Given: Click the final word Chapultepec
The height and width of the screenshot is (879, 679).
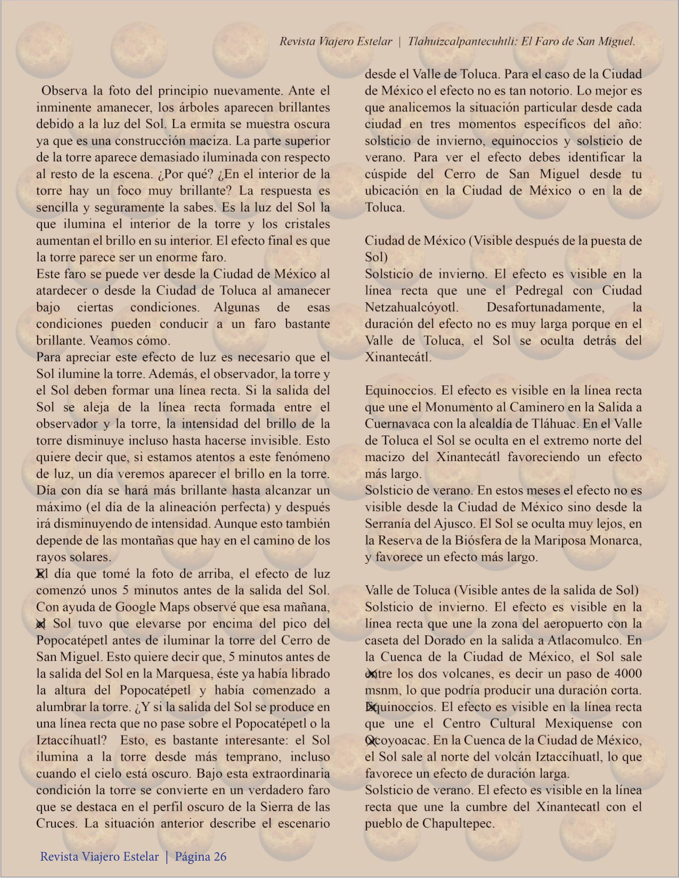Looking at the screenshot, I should [x=458, y=823].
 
